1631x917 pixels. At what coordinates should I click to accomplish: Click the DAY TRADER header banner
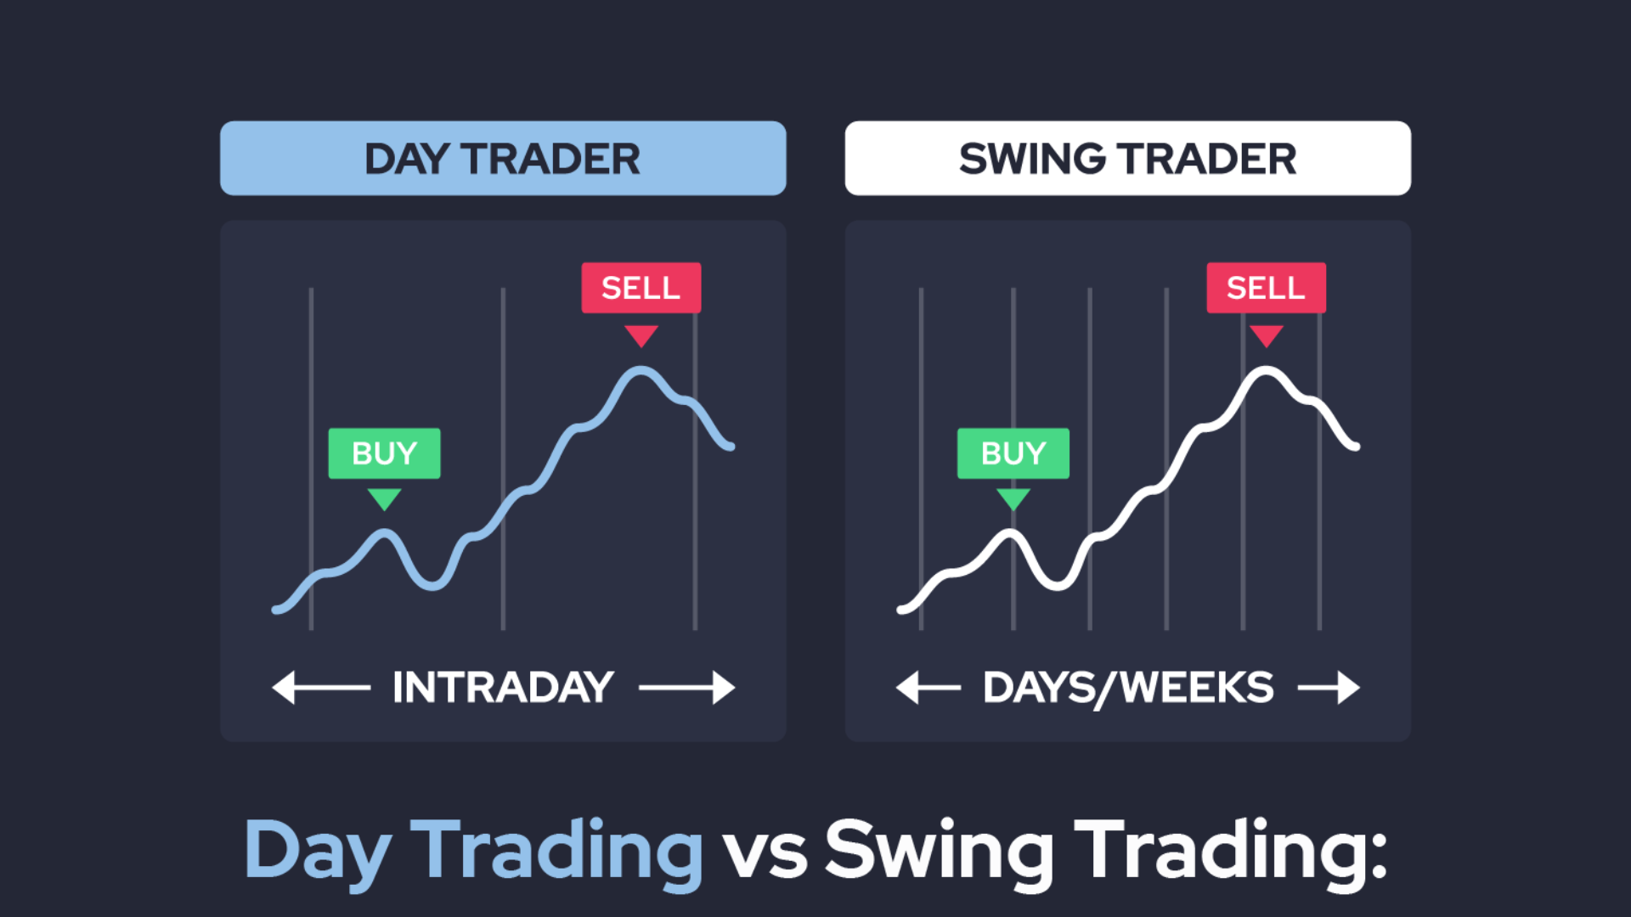[x=503, y=158]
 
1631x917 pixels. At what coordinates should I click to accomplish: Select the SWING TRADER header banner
[x=1128, y=158]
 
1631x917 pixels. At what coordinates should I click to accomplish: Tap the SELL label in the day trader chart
[x=641, y=288]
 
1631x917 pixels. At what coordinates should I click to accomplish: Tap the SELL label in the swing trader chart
[x=1267, y=288]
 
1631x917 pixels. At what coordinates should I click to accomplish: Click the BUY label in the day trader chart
[x=385, y=453]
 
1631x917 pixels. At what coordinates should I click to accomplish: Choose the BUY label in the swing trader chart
[x=1013, y=453]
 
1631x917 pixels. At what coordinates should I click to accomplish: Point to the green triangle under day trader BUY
[x=385, y=498]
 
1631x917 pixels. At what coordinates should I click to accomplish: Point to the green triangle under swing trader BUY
[x=1013, y=498]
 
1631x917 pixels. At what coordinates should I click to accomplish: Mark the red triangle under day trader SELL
[x=641, y=335]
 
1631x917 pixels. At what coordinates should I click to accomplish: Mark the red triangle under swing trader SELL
[x=1267, y=335]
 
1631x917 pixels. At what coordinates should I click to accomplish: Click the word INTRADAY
[x=503, y=688]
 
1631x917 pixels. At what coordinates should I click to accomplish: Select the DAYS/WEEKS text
[x=1128, y=688]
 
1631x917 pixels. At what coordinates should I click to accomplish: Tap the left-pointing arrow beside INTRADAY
[x=321, y=688]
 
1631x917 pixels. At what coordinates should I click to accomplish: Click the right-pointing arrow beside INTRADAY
[x=686, y=688]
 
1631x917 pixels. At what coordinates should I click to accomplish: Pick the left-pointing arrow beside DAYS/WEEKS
[x=928, y=688]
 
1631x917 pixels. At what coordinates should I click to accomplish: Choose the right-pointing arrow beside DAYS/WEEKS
[x=1329, y=688]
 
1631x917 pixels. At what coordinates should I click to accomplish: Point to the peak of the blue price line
[x=641, y=369]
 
